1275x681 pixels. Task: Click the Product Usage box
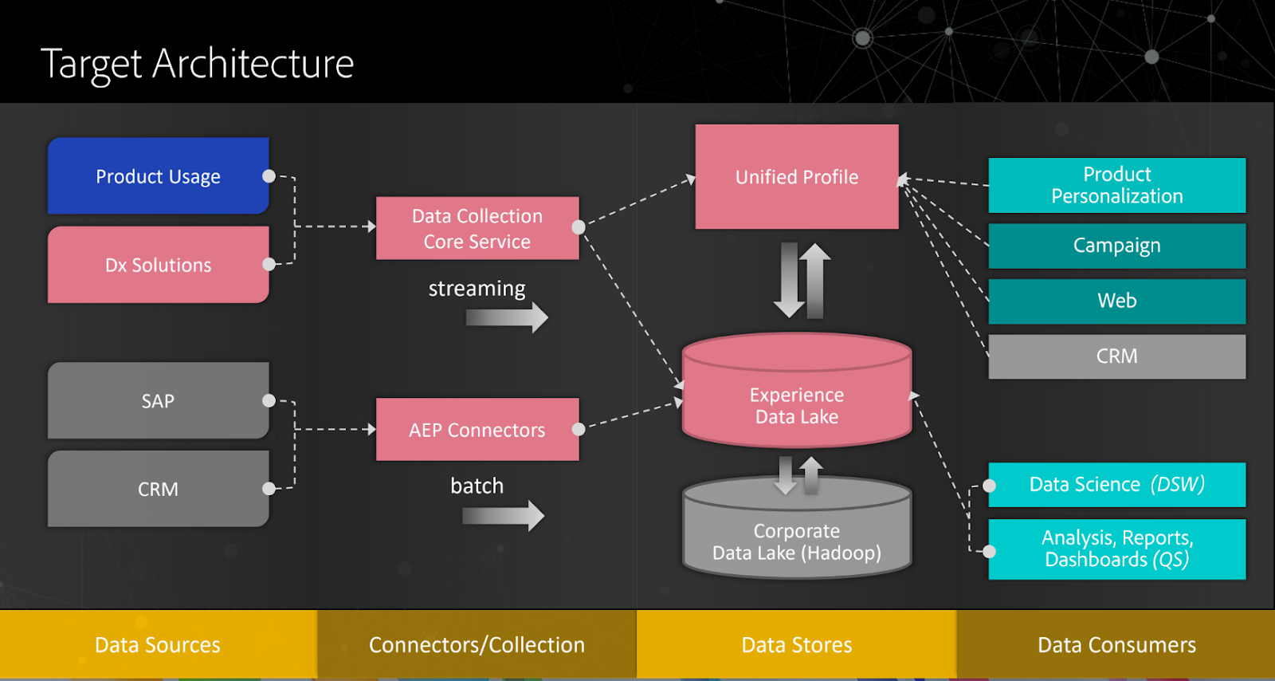[158, 176]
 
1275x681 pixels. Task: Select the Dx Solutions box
[158, 265]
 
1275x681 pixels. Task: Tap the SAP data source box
[158, 400]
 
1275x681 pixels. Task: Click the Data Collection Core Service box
[477, 228]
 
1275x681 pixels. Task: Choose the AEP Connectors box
[477, 430]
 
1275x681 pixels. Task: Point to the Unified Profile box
[797, 177]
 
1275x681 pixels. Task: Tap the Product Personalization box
[1116, 185]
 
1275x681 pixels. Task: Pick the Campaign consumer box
[1116, 246]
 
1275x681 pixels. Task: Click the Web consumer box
[1116, 301]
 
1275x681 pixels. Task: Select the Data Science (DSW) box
[1116, 485]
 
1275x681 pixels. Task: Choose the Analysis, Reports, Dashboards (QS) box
[1116, 549]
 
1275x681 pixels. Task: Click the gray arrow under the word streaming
[507, 317]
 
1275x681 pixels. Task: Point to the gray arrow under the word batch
[504, 516]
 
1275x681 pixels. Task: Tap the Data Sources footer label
[158, 644]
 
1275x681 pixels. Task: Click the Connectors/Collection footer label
[477, 644]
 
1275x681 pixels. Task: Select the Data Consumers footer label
[1116, 644]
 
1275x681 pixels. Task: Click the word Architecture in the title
[253, 64]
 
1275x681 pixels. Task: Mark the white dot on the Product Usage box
[269, 176]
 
